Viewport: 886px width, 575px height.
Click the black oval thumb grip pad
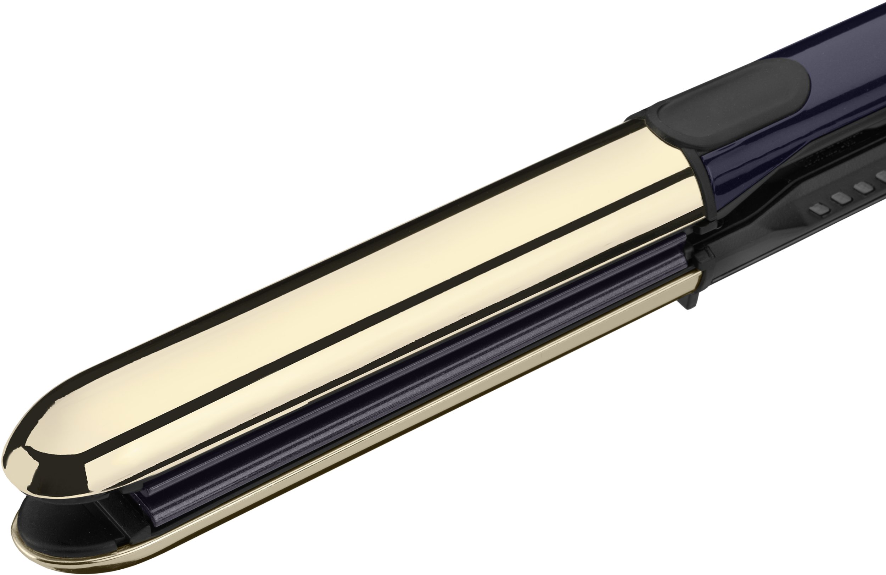(730, 104)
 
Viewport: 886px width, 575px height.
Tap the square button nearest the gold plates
(817, 212)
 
